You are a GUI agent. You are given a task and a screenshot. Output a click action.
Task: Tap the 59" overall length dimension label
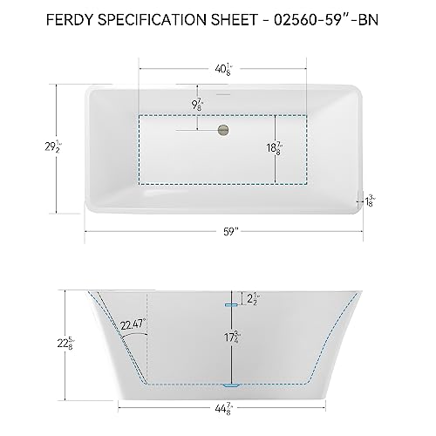pos(225,232)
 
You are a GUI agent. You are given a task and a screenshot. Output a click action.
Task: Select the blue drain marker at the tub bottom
pos(229,385)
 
